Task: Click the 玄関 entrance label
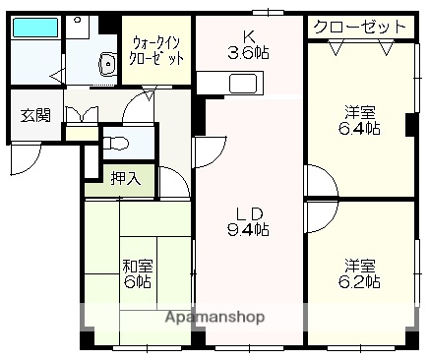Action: coord(35,114)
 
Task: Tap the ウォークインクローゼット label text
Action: coord(156,51)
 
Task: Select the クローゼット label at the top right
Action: coord(360,27)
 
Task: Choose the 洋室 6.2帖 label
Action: coord(361,272)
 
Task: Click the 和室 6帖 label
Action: coord(137,272)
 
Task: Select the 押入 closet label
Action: coord(125,178)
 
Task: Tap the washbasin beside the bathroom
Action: coord(105,65)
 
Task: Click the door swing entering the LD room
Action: coord(209,152)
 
